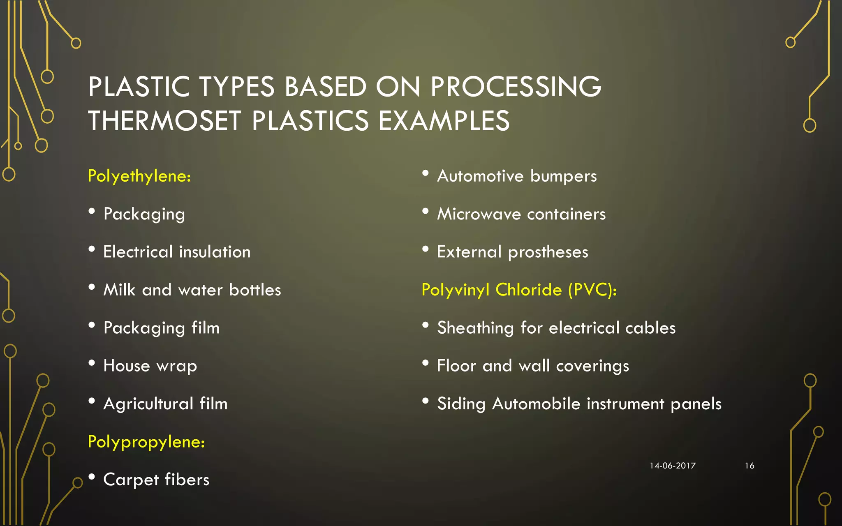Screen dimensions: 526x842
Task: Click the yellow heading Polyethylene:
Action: pos(139,176)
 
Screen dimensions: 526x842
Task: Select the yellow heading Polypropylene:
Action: pos(146,442)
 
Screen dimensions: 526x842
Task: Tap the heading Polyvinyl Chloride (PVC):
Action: pos(519,290)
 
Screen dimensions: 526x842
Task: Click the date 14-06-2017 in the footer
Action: pos(673,466)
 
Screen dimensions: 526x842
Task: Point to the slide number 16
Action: pos(749,466)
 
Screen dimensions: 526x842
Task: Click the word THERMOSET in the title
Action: pos(164,121)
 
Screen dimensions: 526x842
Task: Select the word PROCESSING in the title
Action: pos(516,87)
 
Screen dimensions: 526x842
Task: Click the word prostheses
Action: pos(548,252)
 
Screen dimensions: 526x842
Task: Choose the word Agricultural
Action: pos(148,404)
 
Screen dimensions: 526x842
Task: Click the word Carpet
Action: pos(131,480)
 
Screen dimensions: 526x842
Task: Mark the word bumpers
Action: pos(563,176)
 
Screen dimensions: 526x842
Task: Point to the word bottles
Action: pos(255,290)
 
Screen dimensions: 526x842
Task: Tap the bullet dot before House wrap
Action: pos(92,363)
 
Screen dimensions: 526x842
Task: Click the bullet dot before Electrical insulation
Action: pos(92,249)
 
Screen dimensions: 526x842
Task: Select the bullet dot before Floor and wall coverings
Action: pos(426,363)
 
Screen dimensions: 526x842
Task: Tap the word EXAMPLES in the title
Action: pos(444,121)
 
